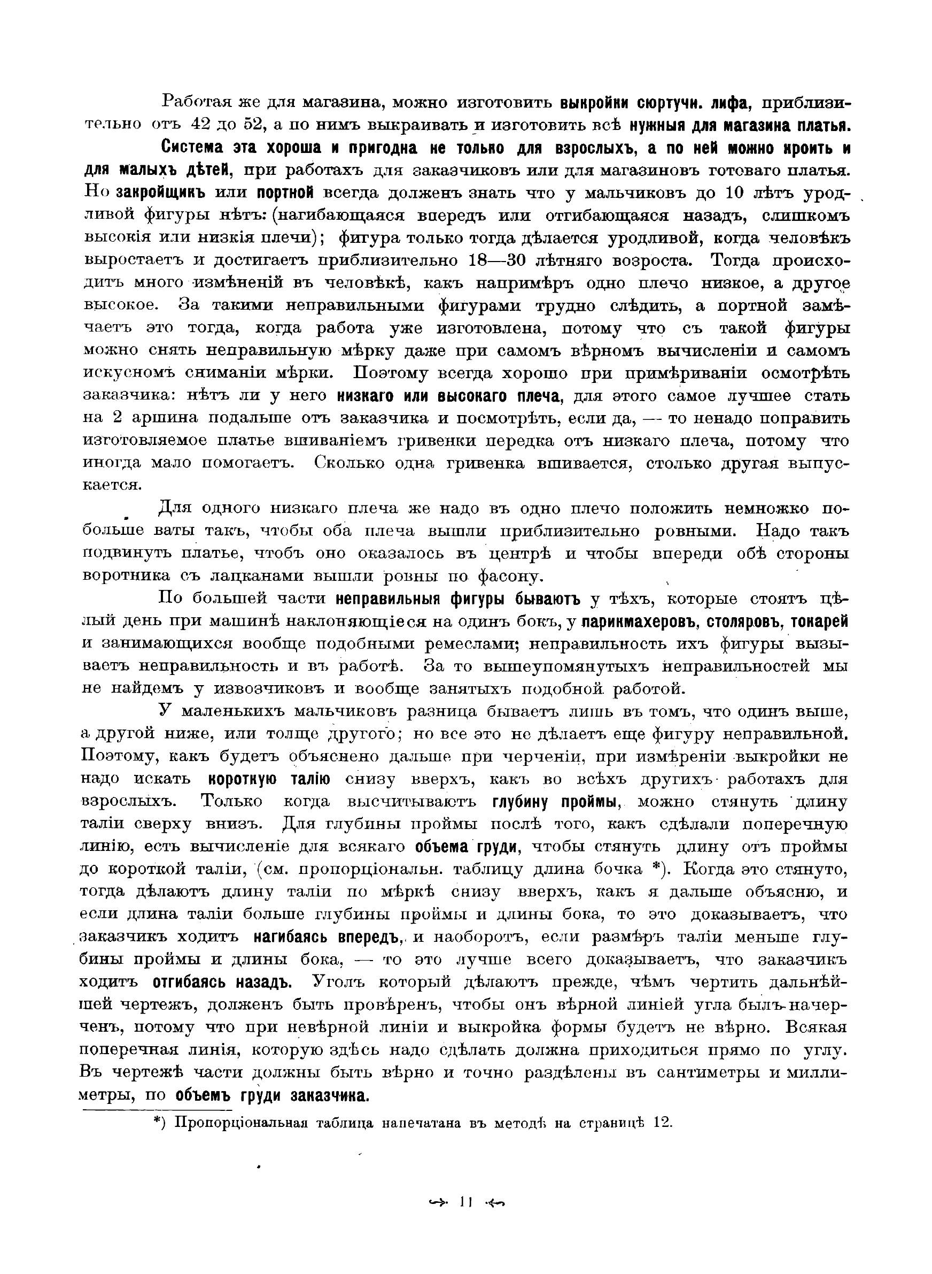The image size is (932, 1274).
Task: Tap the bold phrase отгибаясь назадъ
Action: (x=222, y=983)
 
